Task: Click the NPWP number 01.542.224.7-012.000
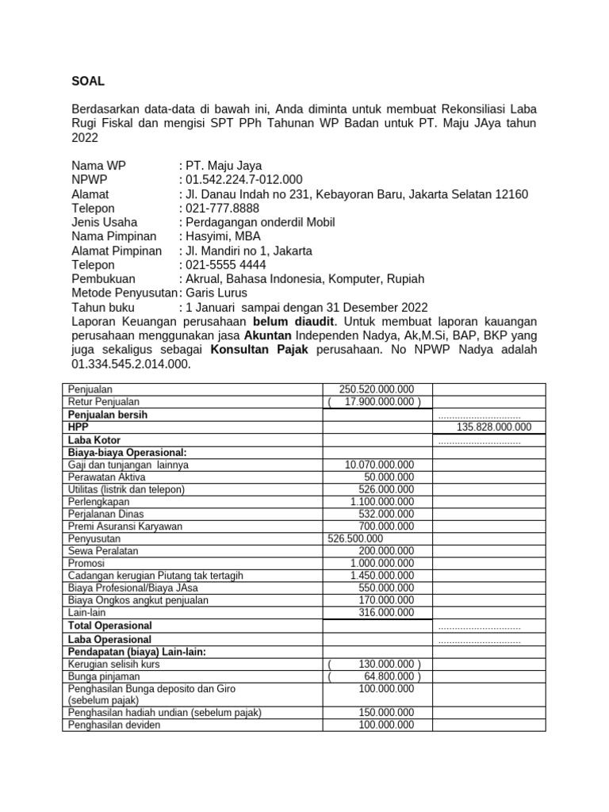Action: click(x=243, y=180)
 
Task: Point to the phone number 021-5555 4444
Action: click(x=226, y=265)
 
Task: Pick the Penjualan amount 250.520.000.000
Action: click(x=377, y=390)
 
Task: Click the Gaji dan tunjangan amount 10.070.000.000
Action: click(x=380, y=464)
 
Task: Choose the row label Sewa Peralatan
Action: click(x=102, y=550)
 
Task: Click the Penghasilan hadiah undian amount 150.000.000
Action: click(x=386, y=712)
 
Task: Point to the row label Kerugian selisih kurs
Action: click(x=116, y=664)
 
